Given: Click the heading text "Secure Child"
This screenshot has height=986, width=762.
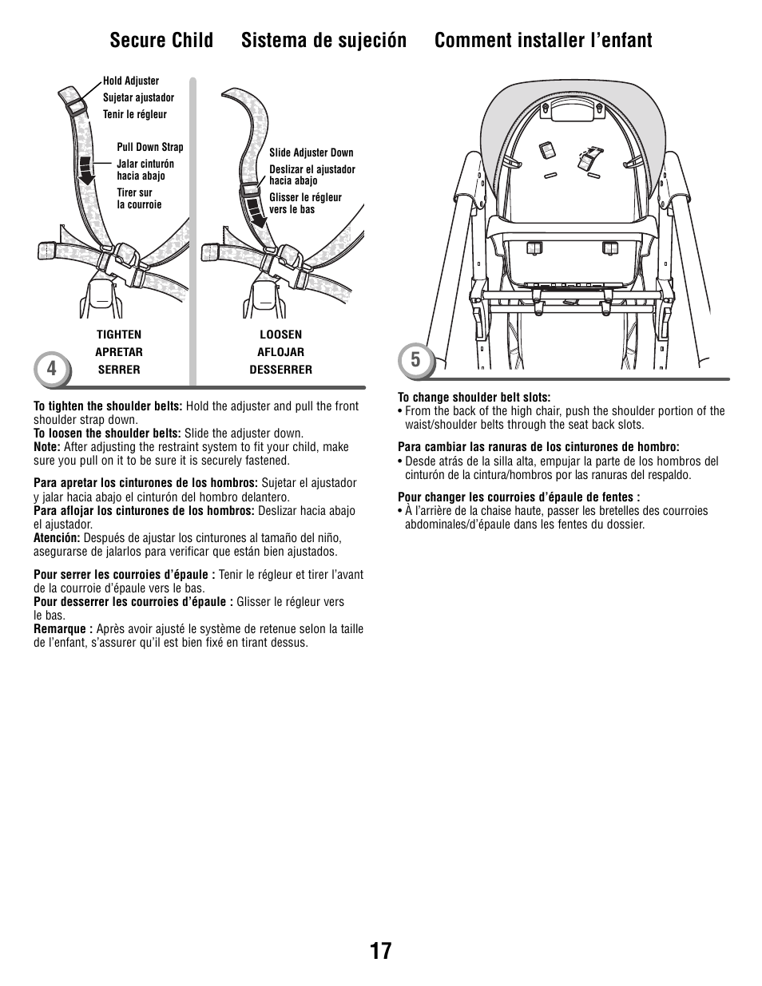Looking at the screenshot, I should (x=161, y=40).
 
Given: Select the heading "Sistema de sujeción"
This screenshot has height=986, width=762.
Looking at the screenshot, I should (x=323, y=40).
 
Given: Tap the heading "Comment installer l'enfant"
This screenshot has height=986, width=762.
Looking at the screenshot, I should (x=543, y=40).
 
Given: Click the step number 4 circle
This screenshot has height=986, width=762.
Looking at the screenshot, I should (x=52, y=368).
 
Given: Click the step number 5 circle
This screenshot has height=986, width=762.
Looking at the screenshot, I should (x=415, y=360).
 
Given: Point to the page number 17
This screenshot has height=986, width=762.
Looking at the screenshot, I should (x=381, y=951).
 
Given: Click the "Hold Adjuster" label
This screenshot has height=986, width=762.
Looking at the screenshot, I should (x=131, y=81).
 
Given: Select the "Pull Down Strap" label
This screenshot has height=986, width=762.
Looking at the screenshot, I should (x=149, y=147).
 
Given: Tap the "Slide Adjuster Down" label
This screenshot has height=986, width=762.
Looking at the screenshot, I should (x=311, y=152).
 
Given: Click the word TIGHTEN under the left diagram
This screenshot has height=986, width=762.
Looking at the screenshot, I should (x=119, y=335).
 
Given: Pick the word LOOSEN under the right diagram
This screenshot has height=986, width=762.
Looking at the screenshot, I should (x=280, y=335).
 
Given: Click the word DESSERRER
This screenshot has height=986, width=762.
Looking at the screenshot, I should (x=280, y=370).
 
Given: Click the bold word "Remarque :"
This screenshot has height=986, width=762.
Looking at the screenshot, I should (x=63, y=629).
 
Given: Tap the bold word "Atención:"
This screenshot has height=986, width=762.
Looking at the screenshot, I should (x=57, y=538).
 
